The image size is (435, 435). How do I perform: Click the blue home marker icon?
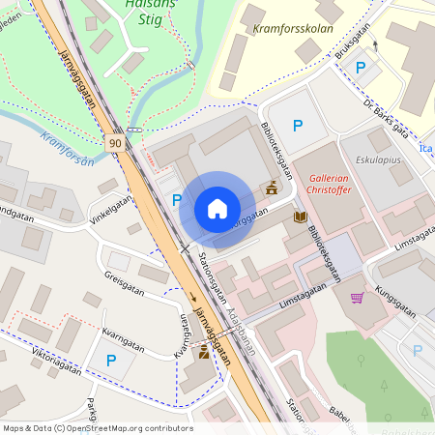point(217,209)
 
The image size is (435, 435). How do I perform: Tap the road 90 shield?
point(116,143)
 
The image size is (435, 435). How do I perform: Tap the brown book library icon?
point(300,218)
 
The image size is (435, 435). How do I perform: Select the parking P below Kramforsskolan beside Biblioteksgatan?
point(298,126)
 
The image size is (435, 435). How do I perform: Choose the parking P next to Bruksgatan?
point(361,68)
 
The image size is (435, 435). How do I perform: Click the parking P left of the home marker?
point(176,200)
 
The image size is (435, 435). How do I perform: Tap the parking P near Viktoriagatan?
point(111,360)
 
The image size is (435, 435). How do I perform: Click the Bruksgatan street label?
point(354,43)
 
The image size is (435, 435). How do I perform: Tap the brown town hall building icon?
point(272,188)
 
